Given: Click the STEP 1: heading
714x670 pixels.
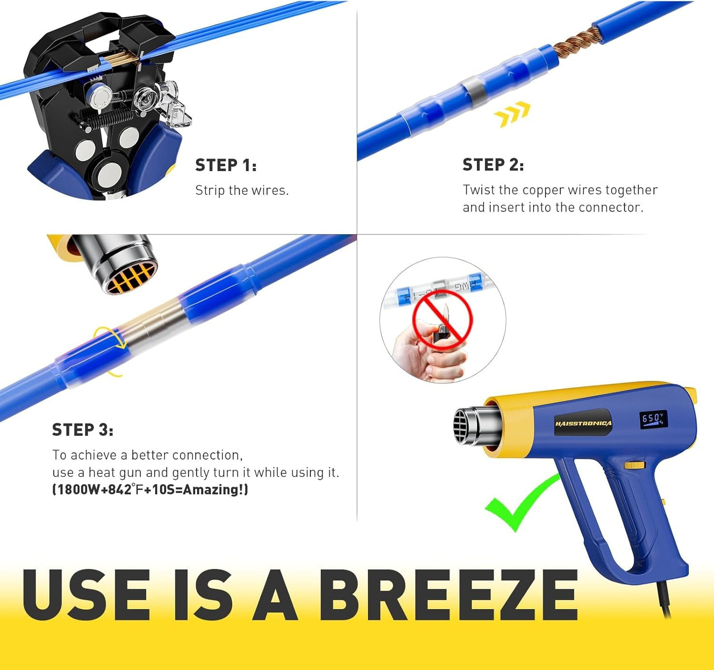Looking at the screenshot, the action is coord(226,165).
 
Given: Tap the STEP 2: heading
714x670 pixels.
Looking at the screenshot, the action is coord(493,165).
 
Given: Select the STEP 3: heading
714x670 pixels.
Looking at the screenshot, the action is coord(83,430).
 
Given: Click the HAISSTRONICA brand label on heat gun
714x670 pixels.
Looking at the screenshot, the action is coord(583,423).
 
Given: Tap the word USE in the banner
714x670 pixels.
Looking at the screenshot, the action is coord(86,595).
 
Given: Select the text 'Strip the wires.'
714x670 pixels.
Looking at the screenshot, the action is coord(242,190).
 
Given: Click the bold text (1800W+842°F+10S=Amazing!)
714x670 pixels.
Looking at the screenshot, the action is coord(150,490).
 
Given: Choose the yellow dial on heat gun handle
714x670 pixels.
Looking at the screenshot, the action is coord(634,465).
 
